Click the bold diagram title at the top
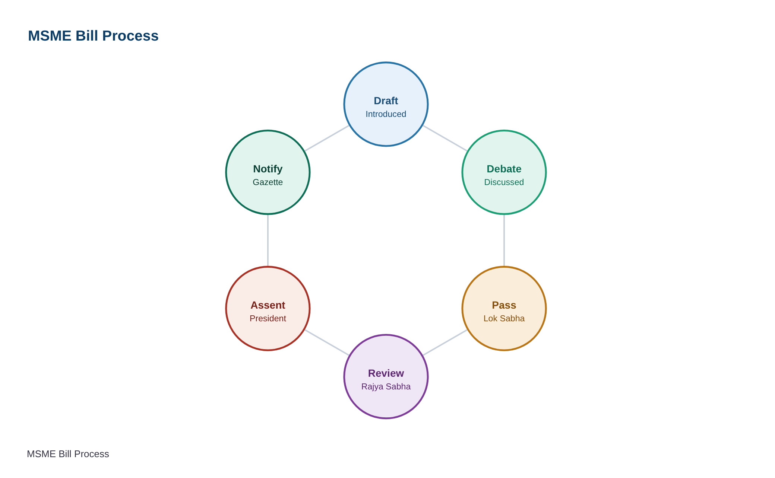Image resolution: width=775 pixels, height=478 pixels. point(93,36)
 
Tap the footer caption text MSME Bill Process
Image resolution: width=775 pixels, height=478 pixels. point(68,454)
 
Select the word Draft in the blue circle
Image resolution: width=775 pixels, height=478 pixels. point(386,101)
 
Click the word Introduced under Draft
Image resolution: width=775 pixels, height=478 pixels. point(386,114)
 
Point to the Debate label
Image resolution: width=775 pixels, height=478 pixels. point(504,169)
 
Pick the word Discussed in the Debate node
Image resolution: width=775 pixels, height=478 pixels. point(504,182)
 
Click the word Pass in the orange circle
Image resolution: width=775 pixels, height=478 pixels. point(504,305)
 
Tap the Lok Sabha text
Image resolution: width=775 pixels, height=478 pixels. point(504,318)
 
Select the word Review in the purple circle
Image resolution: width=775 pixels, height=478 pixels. point(386,373)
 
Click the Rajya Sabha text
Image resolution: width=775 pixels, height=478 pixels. point(386,386)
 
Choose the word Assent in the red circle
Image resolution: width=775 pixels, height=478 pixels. point(268,305)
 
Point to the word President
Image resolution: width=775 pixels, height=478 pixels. point(268,318)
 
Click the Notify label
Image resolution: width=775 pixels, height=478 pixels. point(268,169)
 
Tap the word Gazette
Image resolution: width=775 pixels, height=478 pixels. point(268,182)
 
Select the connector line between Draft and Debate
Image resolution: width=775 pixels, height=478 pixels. point(445,138)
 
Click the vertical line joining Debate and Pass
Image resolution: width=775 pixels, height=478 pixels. point(504,240)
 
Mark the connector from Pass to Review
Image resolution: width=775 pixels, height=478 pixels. point(445,342)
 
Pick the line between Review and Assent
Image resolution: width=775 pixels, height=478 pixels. point(327,342)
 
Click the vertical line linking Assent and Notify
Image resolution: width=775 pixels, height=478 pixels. point(268,240)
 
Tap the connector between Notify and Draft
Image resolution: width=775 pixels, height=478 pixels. point(327,138)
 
